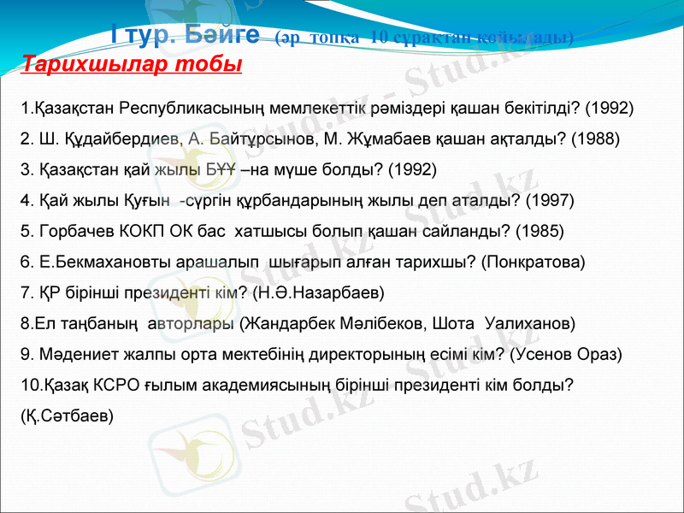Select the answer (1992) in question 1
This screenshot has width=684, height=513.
[x=610, y=109]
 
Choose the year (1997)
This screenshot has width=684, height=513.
[x=550, y=201]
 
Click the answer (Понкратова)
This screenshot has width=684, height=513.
[x=534, y=262]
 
